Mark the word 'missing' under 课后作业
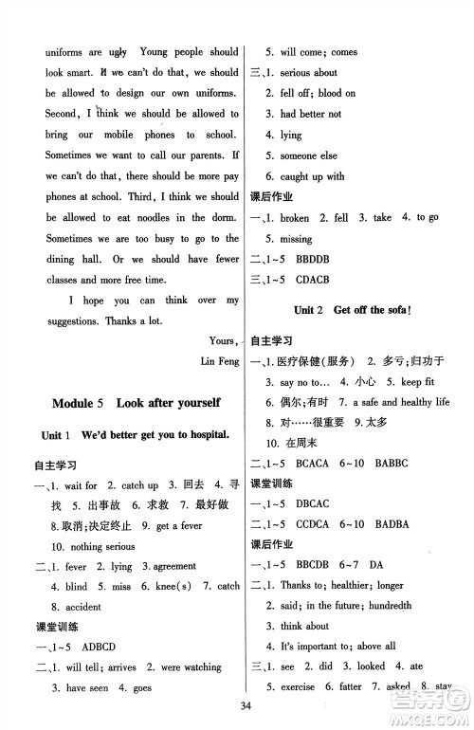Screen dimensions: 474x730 [x=284, y=240]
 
